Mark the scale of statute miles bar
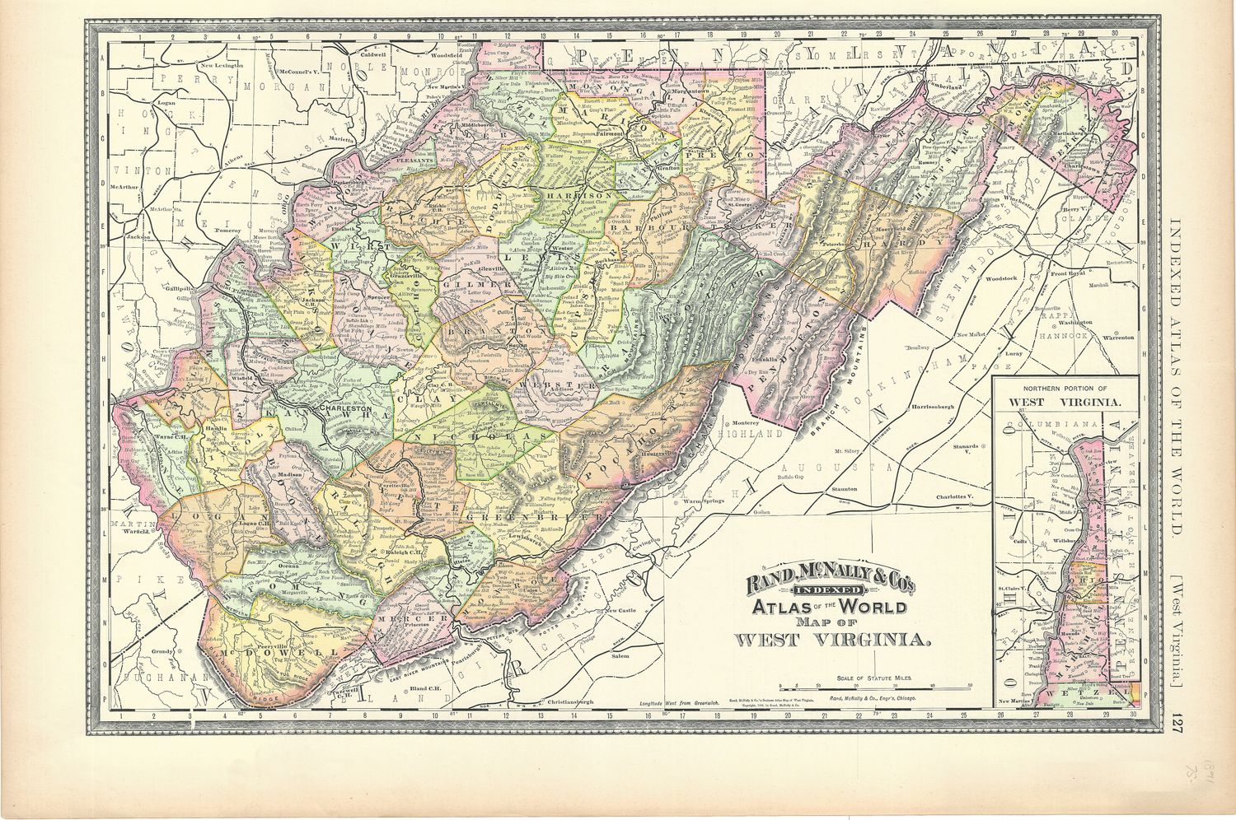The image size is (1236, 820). point(876,686)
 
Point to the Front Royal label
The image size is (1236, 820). point(1068,273)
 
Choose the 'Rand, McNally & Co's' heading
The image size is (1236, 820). point(830,585)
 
